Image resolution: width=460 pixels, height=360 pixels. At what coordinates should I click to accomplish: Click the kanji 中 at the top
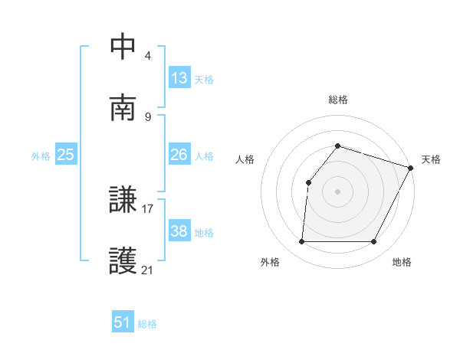click(x=123, y=48)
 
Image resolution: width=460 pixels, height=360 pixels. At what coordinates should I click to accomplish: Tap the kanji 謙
click(x=123, y=201)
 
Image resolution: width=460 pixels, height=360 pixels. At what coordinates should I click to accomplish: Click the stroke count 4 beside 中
click(x=148, y=57)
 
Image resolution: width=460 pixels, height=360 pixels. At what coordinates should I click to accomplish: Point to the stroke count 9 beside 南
click(x=148, y=116)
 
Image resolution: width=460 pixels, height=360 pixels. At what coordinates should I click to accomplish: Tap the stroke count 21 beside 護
click(x=148, y=270)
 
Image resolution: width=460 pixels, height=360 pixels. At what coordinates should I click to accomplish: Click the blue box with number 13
click(x=179, y=78)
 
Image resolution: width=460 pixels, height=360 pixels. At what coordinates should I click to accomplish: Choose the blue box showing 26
click(x=179, y=155)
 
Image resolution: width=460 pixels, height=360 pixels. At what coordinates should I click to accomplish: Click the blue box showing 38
click(x=179, y=231)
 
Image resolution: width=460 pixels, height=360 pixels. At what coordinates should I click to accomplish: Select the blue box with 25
click(x=66, y=155)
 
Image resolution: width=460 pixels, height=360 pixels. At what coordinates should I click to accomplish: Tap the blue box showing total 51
click(x=123, y=322)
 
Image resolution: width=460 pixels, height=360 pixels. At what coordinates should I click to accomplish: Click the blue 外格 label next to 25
click(x=41, y=156)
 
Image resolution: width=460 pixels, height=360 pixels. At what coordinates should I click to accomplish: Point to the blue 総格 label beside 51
click(x=147, y=324)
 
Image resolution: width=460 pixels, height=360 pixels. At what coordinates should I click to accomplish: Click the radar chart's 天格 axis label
click(x=431, y=159)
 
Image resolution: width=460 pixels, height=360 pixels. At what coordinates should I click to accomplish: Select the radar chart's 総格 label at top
click(x=338, y=100)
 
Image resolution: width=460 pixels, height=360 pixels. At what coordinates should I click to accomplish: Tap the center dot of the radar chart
click(x=338, y=191)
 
